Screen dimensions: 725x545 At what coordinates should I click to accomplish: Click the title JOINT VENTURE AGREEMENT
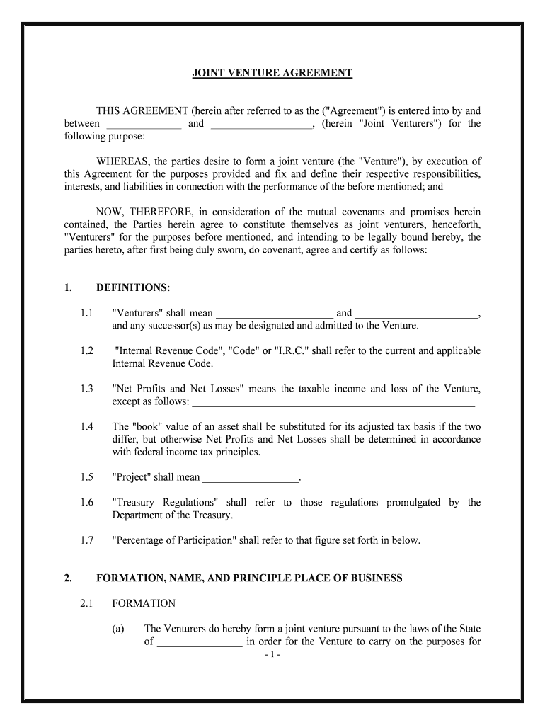pyautogui.click(x=272, y=73)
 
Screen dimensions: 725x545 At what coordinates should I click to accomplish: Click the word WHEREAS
pyautogui.click(x=121, y=161)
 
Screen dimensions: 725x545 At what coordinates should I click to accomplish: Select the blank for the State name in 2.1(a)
pyautogui.click(x=199, y=643)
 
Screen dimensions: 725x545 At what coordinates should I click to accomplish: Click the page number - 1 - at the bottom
pyautogui.click(x=272, y=655)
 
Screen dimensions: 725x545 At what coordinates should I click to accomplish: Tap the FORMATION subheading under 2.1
pyautogui.click(x=144, y=603)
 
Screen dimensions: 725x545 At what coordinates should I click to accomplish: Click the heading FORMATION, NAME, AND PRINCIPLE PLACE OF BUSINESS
pyautogui.click(x=249, y=578)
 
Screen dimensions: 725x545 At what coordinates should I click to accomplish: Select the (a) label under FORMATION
pyautogui.click(x=118, y=629)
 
